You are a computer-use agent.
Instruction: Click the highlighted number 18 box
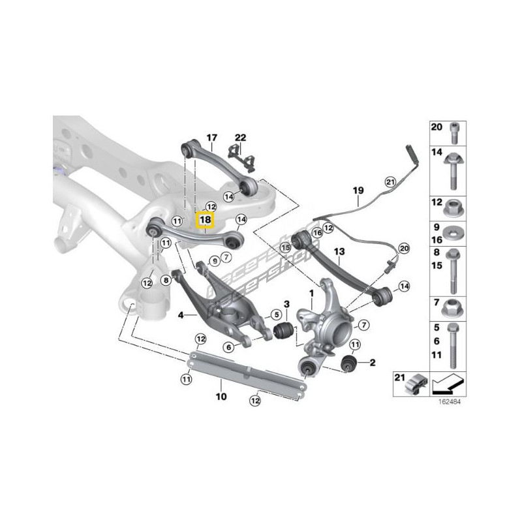(206, 221)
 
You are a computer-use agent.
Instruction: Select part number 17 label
(211, 138)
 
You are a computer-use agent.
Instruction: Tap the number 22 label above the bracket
(241, 138)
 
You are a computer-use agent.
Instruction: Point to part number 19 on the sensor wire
(358, 191)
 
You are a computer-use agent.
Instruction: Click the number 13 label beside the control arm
(339, 251)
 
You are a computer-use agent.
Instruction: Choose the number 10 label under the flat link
(221, 396)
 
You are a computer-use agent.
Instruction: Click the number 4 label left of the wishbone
(181, 315)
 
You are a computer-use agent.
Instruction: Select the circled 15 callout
(285, 247)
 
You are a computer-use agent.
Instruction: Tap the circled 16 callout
(317, 232)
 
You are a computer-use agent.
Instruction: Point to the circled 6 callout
(229, 348)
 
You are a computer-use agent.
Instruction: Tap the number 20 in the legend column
(436, 126)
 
